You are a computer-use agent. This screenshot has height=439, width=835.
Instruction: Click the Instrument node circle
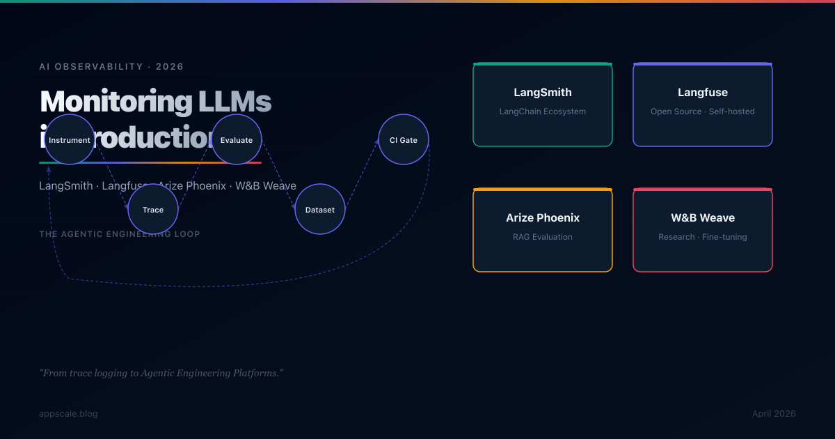70,139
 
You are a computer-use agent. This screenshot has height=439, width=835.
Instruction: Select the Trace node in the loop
153,209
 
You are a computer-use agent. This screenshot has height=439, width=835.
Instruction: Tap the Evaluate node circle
237,139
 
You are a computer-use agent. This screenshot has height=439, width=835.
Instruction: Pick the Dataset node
320,209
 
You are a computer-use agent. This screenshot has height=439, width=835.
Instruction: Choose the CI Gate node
404,139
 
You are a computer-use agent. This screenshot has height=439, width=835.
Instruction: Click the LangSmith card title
543,92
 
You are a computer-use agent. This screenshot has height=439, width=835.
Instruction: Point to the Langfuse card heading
703,92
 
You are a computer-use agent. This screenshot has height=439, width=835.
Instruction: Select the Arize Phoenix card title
543,217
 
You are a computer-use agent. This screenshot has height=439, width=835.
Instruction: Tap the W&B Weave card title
703,217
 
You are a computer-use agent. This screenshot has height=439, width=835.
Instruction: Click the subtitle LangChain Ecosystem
543,111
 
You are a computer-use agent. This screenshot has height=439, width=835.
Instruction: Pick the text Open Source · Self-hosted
703,111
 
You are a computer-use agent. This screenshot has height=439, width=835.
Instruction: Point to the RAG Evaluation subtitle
543,237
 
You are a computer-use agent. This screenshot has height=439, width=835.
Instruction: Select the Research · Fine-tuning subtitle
703,237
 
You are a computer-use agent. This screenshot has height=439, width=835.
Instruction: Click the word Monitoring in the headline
116,102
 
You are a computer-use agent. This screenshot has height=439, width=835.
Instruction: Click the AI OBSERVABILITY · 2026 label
111,67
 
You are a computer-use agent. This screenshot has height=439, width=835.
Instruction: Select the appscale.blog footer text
68,414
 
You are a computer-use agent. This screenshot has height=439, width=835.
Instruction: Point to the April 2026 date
774,414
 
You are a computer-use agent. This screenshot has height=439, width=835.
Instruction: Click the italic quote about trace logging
161,373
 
